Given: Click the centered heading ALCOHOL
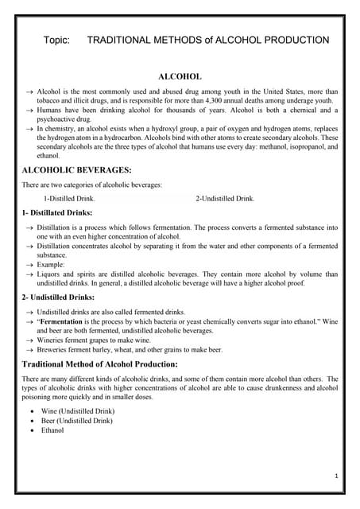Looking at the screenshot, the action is [180, 76].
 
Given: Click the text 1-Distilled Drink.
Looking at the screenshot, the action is [69, 198].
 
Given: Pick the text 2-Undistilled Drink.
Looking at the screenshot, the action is [225, 198].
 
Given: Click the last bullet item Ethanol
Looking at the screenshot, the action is [54, 430].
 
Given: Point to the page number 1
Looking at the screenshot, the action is [337, 476].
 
